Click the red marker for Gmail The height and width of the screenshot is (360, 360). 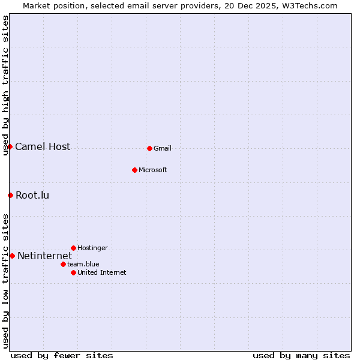pos(149,148)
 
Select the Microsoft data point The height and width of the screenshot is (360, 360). pos(134,170)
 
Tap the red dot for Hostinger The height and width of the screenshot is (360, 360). pos(73,248)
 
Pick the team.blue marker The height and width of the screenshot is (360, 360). pos(63,264)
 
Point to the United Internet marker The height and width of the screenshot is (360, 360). pos(73,272)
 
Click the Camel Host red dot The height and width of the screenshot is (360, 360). pos(10,146)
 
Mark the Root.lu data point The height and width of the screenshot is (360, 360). pos(10,195)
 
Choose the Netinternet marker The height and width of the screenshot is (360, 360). pos(12,256)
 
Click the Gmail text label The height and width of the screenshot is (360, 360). pos(163,148)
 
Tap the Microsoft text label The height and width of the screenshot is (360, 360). pos(152,170)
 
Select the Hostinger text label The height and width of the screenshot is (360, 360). pos(92,248)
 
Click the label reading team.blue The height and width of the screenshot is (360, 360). pos(83,264)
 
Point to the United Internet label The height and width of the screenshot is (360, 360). pos(101,272)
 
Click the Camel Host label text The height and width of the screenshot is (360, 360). pos(43,146)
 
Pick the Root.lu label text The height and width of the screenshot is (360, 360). pos(32,195)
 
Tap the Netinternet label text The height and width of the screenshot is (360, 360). pos(44,256)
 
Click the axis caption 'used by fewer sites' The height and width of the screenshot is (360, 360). pos(62,355)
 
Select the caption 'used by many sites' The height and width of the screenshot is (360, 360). pos(301,355)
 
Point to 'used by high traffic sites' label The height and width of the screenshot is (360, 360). pos(5,85)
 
